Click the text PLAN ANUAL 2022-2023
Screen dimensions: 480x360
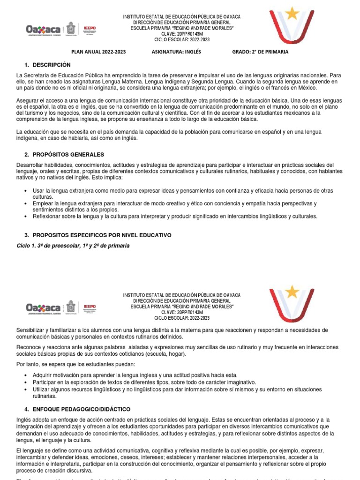coord(98,52)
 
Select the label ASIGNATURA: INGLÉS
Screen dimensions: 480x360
coord(176,52)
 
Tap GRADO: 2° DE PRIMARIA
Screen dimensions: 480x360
coord(260,52)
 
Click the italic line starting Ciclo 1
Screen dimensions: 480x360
coord(73,246)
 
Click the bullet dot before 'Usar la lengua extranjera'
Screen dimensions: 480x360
coord(25,191)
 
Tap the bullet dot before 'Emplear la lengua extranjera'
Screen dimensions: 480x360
coord(25,204)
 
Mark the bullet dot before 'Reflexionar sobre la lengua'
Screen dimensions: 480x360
coord(25,217)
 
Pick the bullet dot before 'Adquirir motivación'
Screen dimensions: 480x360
coord(25,375)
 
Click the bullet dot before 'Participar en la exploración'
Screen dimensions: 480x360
coord(25,382)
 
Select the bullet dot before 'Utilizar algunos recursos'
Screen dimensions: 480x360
coord(25,390)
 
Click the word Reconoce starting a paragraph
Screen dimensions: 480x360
coord(29,346)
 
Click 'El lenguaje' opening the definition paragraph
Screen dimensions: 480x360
coord(29,450)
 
